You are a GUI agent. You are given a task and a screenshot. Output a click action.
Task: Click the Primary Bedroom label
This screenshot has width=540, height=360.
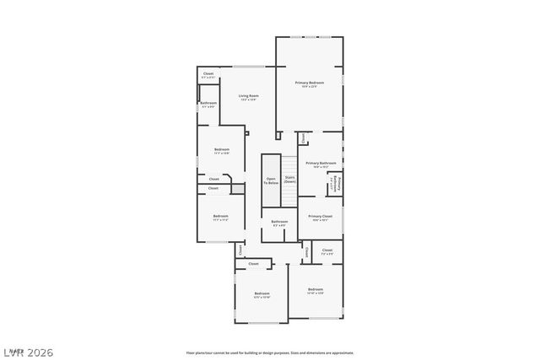pyautogui.click(x=310, y=83)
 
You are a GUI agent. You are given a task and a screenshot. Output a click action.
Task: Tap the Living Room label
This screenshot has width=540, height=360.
pyautogui.click(x=247, y=96)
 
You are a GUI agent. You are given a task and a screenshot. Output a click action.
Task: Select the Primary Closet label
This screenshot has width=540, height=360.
pyautogui.click(x=321, y=217)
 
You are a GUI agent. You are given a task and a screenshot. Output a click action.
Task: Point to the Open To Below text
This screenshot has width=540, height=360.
pyautogui.click(x=271, y=180)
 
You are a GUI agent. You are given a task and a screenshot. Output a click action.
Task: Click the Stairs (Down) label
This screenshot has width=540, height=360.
pyautogui.click(x=289, y=179)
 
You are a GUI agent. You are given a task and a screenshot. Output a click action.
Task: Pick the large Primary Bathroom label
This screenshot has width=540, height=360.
pyautogui.click(x=321, y=164)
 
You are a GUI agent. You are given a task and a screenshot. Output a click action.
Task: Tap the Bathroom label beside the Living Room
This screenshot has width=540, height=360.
pyautogui.click(x=208, y=103)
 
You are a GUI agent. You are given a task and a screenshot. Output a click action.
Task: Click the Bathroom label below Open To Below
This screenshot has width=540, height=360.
pyautogui.click(x=279, y=223)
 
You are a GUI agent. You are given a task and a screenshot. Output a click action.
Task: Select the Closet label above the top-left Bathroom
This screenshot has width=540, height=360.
pyautogui.click(x=208, y=74)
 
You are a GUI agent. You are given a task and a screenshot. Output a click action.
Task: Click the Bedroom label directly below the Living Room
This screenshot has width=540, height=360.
pyautogui.click(x=222, y=150)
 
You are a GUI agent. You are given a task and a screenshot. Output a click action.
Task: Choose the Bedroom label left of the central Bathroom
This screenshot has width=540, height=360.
pyautogui.click(x=220, y=217)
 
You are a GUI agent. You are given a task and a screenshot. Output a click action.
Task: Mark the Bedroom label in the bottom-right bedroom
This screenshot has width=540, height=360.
pyautogui.click(x=316, y=290)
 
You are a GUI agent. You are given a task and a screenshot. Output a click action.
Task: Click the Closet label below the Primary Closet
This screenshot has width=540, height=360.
pyautogui.click(x=327, y=250)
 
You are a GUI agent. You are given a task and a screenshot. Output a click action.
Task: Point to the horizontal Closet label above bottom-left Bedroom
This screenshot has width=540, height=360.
pyautogui.click(x=253, y=264)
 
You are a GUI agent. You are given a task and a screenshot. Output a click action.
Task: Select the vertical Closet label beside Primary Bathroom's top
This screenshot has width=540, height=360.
pyautogui.click(x=303, y=137)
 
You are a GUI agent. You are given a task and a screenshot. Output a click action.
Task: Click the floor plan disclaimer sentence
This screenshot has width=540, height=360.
pyautogui.click(x=269, y=352)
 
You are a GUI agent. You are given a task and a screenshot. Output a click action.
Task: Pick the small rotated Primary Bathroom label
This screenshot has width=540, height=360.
pyautogui.click(x=335, y=183)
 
